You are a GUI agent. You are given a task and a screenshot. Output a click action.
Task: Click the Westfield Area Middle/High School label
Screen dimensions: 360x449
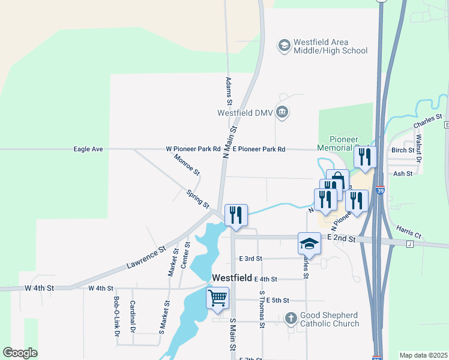(330, 46)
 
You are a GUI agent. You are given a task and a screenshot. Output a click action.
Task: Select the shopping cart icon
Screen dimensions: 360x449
(217, 298)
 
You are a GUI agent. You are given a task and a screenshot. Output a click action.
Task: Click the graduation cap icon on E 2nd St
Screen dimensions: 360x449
(309, 243)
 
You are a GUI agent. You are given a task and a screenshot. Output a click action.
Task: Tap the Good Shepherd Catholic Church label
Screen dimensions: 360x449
(330, 319)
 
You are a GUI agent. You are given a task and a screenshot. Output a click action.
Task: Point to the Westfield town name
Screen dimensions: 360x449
(231, 278)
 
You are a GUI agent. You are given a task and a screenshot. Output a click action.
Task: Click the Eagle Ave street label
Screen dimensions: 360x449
(89, 149)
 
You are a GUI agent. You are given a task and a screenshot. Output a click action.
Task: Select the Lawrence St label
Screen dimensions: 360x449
(145, 256)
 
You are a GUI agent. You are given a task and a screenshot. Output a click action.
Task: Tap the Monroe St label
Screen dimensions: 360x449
(187, 164)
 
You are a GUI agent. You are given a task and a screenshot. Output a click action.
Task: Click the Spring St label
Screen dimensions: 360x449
(197, 200)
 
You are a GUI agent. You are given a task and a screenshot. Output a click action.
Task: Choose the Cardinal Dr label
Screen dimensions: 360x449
(133, 316)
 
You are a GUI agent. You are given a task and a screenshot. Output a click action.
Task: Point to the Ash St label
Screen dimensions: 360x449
(402, 173)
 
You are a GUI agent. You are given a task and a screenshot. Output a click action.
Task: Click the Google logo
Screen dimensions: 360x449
(20, 353)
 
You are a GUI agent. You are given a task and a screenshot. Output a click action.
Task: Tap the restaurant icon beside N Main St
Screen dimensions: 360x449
(235, 215)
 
